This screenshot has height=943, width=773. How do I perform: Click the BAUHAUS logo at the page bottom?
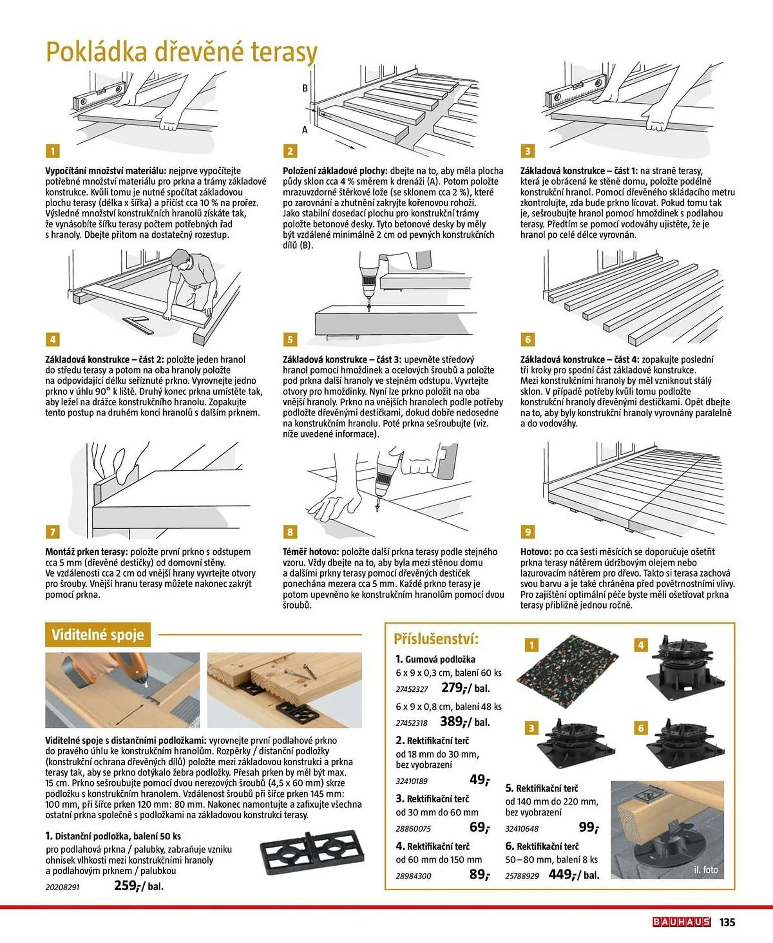(x=681, y=922)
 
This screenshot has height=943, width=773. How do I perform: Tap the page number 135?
(x=727, y=922)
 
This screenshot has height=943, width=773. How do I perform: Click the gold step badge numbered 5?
(x=290, y=339)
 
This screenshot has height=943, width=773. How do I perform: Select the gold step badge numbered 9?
(x=527, y=532)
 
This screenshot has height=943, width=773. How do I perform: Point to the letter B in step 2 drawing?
(x=305, y=88)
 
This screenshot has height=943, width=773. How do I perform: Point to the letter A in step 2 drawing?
(x=305, y=129)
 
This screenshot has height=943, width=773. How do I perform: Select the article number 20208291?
(x=63, y=887)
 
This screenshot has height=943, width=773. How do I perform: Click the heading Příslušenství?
(x=436, y=639)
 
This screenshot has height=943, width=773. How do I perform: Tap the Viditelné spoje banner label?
(x=98, y=635)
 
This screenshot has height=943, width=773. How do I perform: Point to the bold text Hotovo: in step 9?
(x=535, y=552)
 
